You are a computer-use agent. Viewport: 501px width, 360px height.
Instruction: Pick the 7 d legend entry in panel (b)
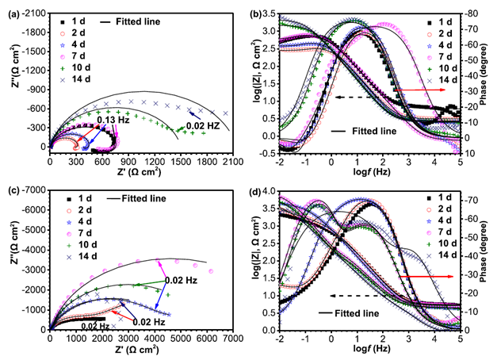point(442,55)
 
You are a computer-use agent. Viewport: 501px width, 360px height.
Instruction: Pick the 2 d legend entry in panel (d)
point(443,209)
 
